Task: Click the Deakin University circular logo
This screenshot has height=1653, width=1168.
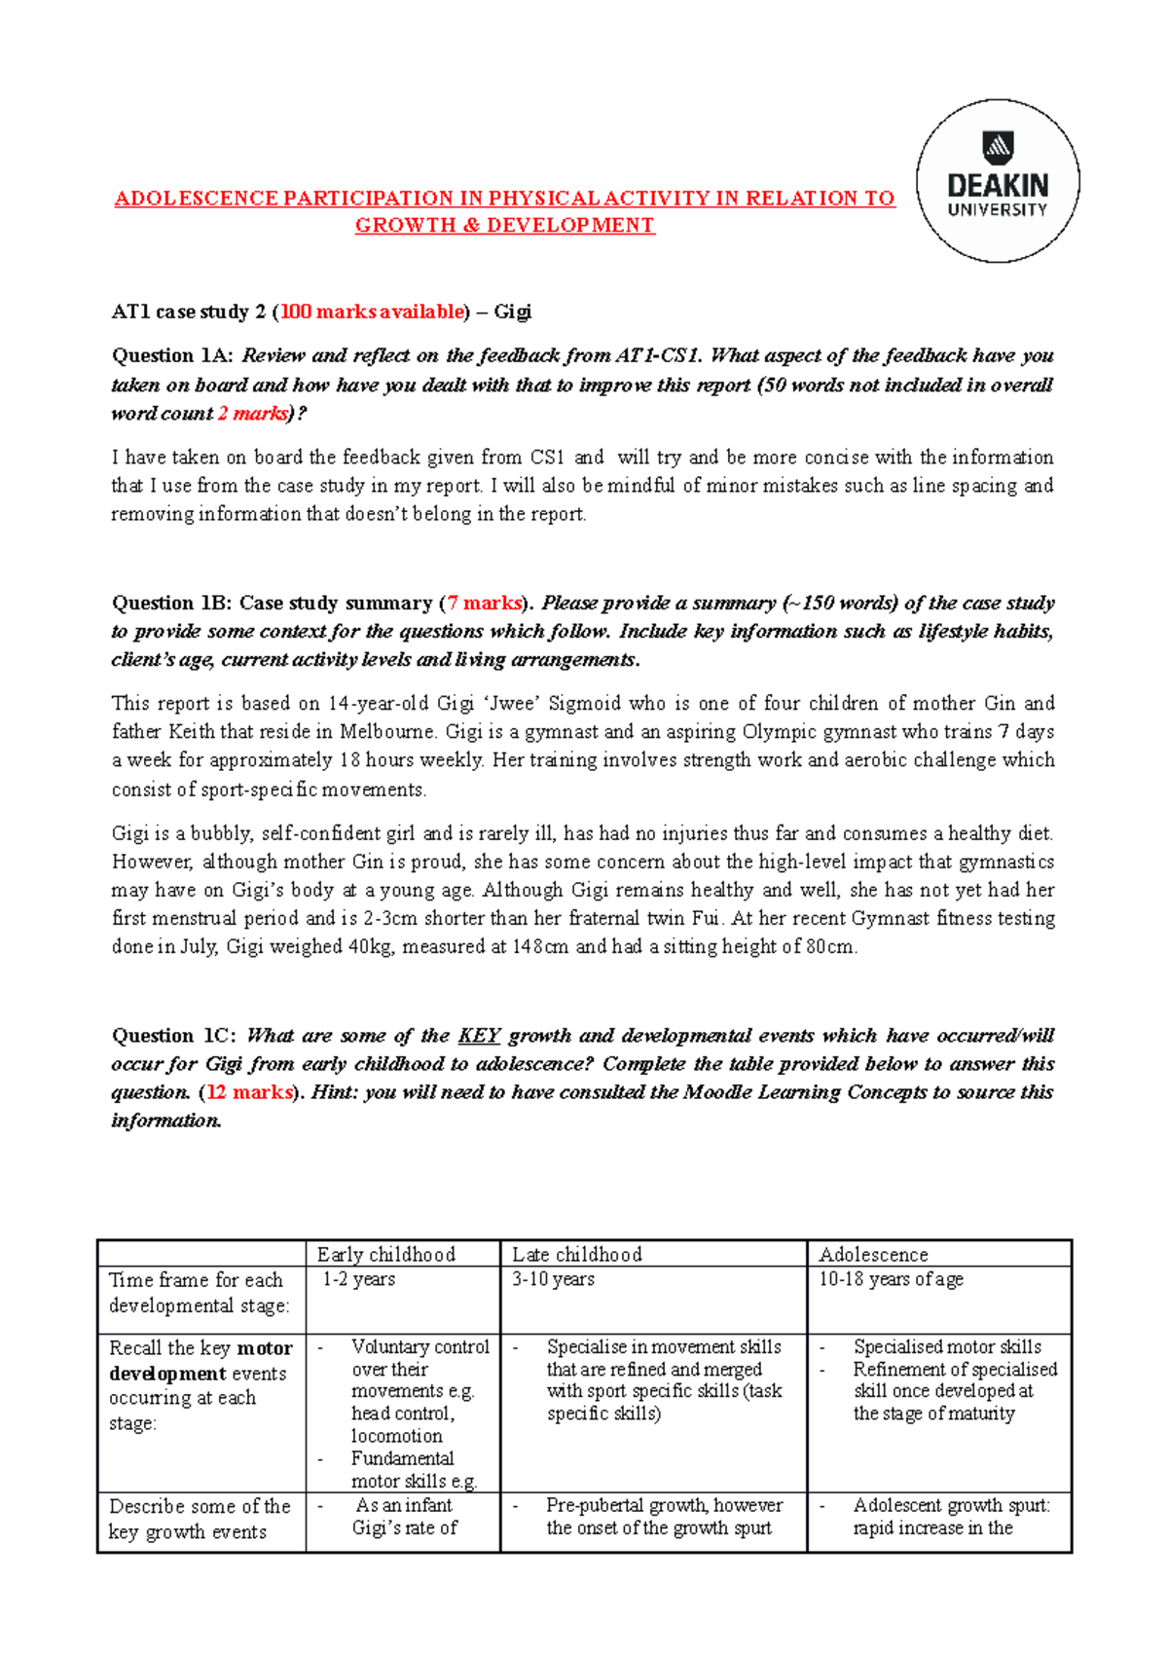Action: click(998, 181)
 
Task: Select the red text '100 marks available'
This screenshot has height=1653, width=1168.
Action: click(373, 312)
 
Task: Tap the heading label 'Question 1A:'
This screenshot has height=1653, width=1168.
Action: click(172, 355)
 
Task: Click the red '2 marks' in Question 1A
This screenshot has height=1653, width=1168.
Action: click(252, 413)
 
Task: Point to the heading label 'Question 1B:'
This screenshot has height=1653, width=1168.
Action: click(171, 603)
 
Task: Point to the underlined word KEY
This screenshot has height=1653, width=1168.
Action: click(479, 1035)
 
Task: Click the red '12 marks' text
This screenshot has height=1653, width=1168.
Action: click(249, 1092)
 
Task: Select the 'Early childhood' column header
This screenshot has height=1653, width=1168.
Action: click(385, 1254)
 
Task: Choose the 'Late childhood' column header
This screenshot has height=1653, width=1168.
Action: click(577, 1254)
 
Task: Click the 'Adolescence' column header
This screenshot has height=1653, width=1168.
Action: click(873, 1254)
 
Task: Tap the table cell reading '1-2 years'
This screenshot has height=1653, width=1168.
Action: click(358, 1279)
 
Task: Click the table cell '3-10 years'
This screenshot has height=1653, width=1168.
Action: click(553, 1279)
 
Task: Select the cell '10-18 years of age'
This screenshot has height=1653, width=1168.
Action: click(891, 1279)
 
